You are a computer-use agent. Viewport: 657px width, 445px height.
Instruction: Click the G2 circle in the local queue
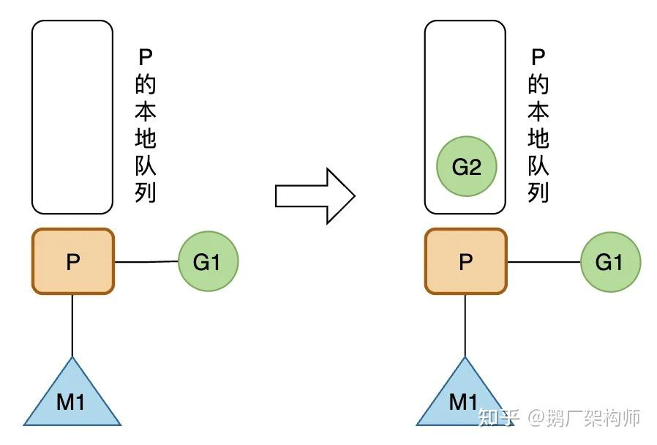point(466,167)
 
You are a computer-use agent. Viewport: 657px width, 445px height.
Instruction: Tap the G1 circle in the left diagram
point(208,262)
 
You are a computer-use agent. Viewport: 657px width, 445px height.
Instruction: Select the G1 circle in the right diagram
point(610,262)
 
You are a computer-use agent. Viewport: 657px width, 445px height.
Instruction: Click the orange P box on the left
point(72,261)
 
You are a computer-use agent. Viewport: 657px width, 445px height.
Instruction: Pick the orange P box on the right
point(465,261)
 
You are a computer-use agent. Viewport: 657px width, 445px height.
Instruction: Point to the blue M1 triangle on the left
point(72,399)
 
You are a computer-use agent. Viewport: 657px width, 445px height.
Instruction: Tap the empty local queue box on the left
point(72,117)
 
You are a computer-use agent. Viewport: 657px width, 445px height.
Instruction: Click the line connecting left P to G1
point(146,262)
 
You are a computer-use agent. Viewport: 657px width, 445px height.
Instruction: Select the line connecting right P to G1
point(544,262)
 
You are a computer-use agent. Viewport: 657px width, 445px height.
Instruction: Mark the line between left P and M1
point(72,325)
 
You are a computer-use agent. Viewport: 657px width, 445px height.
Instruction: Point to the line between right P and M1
point(465,325)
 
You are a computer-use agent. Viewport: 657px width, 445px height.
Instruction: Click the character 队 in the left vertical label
point(146,165)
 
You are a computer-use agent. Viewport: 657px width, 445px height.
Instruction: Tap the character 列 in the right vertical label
point(538,192)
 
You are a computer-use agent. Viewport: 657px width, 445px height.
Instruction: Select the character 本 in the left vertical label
point(146,111)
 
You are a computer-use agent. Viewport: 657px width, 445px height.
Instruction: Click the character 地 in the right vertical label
point(538,138)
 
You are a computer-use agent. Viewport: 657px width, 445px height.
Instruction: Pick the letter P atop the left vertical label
point(146,57)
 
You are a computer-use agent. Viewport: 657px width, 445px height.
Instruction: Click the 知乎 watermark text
point(499,418)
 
